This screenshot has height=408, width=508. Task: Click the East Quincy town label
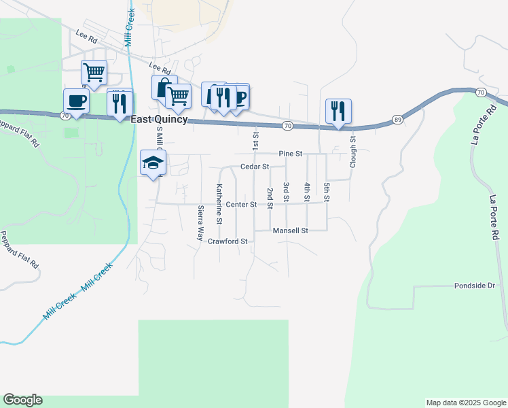coord(159,118)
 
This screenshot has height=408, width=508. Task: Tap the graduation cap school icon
coord(153,163)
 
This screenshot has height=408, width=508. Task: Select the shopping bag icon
coord(164,88)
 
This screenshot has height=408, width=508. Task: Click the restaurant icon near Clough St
coord(338,110)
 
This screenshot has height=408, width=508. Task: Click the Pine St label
coord(290,154)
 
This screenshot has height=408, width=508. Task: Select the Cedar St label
coord(255,167)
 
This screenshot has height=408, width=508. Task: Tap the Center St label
coord(241,204)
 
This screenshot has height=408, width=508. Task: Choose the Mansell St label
coord(291,231)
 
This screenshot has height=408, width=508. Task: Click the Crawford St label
coord(228,241)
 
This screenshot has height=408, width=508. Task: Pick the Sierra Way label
coord(200,223)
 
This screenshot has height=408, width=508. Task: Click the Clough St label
coord(353,152)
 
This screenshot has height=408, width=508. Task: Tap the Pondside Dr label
coord(476,286)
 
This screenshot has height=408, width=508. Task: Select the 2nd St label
coord(270,197)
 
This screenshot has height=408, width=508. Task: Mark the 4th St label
coord(307,192)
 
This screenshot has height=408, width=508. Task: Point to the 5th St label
coord(327,192)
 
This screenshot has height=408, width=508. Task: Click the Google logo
coord(22,400)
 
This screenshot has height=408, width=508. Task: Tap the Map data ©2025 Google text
coord(465,403)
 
